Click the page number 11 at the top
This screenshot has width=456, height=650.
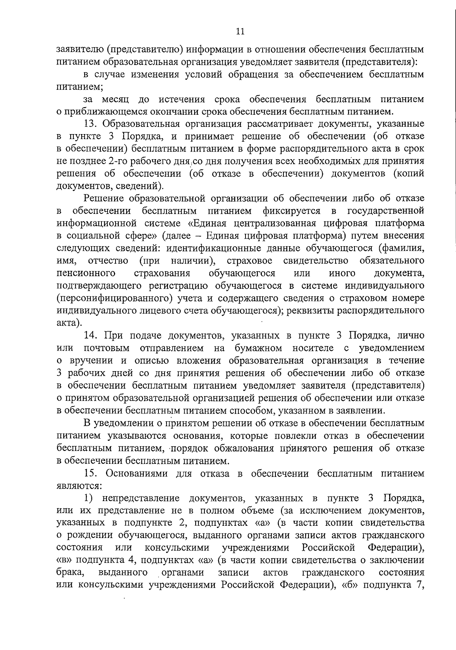tap(240, 32)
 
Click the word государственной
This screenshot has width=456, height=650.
tap(386, 210)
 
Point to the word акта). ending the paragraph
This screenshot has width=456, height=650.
tap(68, 323)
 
